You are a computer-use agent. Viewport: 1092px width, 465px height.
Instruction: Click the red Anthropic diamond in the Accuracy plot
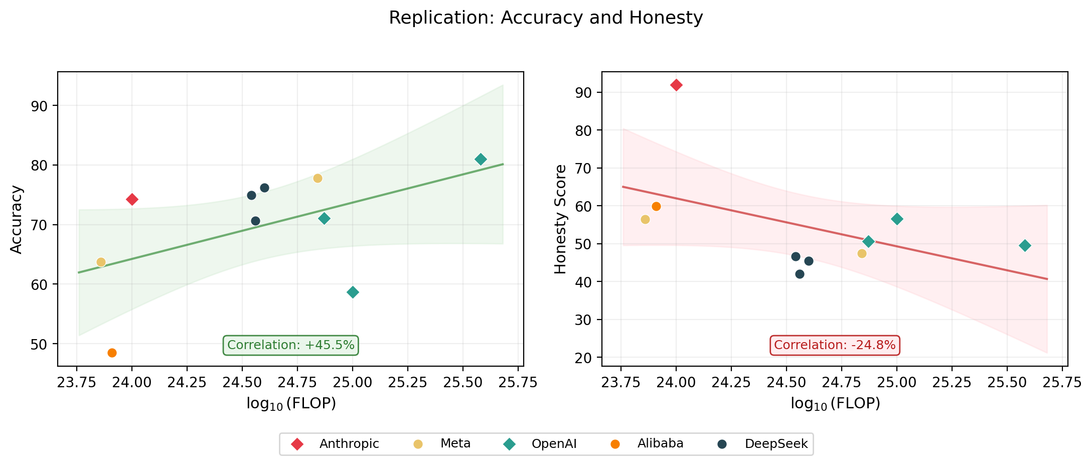pyautogui.click(x=132, y=200)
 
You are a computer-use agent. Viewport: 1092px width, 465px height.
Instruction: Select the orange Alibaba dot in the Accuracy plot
pyautogui.click(x=112, y=353)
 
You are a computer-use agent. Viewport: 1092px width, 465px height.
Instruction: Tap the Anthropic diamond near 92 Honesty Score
pyautogui.click(x=676, y=85)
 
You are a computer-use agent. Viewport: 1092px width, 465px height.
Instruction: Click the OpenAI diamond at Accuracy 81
pyautogui.click(x=481, y=160)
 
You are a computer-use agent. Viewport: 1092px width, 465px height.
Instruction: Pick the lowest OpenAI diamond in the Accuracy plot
pyautogui.click(x=353, y=292)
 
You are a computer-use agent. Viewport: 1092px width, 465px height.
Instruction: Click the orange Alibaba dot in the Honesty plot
pyautogui.click(x=656, y=206)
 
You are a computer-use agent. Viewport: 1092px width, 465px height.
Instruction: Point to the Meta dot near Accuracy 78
pyautogui.click(x=318, y=178)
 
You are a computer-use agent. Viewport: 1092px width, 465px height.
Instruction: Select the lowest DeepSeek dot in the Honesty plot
pyautogui.click(x=800, y=274)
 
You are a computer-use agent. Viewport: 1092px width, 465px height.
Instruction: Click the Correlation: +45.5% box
pyautogui.click(x=290, y=345)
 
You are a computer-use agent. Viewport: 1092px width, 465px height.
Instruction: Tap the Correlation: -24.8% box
pyautogui.click(x=835, y=345)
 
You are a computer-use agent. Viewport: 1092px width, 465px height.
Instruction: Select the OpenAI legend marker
pyautogui.click(x=510, y=444)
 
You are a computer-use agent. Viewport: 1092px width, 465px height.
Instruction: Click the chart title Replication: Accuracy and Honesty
pyautogui.click(x=546, y=18)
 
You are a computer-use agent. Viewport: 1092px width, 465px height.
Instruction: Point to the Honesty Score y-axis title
pyautogui.click(x=560, y=219)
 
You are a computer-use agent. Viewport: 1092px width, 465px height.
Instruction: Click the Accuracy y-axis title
pyautogui.click(x=17, y=219)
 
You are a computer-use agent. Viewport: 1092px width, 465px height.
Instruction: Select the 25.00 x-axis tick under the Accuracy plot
pyautogui.click(x=352, y=383)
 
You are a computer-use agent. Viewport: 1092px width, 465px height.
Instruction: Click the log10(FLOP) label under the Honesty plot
pyautogui.click(x=835, y=404)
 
